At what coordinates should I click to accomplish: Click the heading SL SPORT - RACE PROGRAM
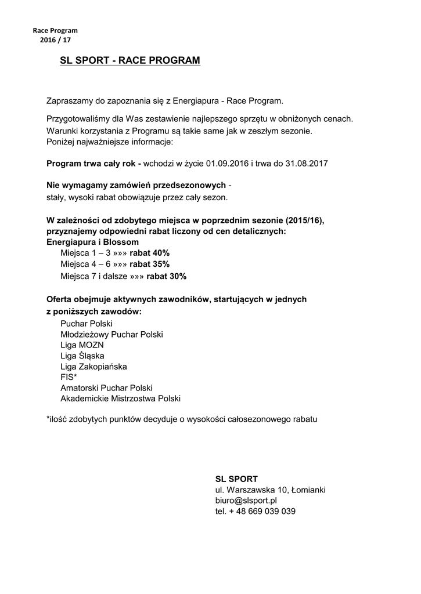pos(130,60)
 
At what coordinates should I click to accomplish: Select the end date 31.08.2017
pos(307,164)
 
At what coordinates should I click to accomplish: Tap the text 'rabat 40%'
pos(149,253)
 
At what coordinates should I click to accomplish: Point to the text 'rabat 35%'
pos(149,265)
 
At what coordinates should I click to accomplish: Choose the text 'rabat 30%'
pos(166,276)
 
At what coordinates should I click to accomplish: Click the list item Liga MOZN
pos(82,345)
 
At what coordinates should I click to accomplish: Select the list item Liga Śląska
pos(82,356)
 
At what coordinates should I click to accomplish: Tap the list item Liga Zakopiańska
pos(93,367)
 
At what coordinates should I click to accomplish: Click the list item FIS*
pos(69,377)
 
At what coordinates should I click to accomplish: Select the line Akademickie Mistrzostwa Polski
pos(120,399)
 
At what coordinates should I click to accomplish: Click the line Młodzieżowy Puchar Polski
pos(111,335)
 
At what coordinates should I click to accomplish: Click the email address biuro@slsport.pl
pos(246,500)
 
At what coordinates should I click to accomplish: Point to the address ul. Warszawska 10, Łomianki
pos(270,490)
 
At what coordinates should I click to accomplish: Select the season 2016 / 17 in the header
pos(55,40)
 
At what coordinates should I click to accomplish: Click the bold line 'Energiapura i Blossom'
pos(92,241)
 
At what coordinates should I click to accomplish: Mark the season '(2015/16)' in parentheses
pos(304,220)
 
